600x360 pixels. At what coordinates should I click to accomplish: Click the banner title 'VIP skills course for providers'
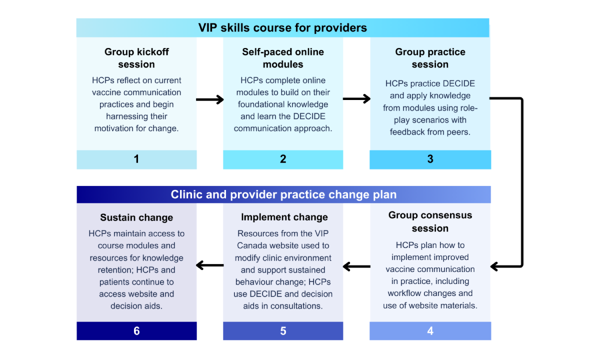pyautogui.click(x=282, y=28)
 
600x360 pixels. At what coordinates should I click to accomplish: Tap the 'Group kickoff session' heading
pyautogui.click(x=136, y=58)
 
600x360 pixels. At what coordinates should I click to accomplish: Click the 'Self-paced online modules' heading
pyautogui.click(x=283, y=58)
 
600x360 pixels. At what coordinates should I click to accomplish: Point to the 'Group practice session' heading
pyautogui.click(x=430, y=58)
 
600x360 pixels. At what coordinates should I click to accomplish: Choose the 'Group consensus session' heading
pyautogui.click(x=430, y=221)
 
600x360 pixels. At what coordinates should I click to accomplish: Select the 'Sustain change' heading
pyautogui.click(x=136, y=217)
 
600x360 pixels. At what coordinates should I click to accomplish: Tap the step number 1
pyautogui.click(x=136, y=159)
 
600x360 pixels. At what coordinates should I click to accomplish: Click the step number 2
pyautogui.click(x=283, y=159)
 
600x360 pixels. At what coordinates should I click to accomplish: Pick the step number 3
pyautogui.click(x=430, y=159)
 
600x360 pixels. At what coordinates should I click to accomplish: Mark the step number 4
pyautogui.click(x=430, y=331)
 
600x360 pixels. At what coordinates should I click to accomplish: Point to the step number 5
pyautogui.click(x=283, y=331)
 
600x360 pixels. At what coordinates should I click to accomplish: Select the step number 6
pyautogui.click(x=136, y=331)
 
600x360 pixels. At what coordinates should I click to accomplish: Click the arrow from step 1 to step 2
pyautogui.click(x=209, y=99)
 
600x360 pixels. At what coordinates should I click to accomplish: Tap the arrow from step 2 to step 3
pyautogui.click(x=356, y=98)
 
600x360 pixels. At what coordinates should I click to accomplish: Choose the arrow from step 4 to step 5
pyautogui.click(x=356, y=266)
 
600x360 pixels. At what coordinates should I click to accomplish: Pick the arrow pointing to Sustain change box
pyautogui.click(x=209, y=265)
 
